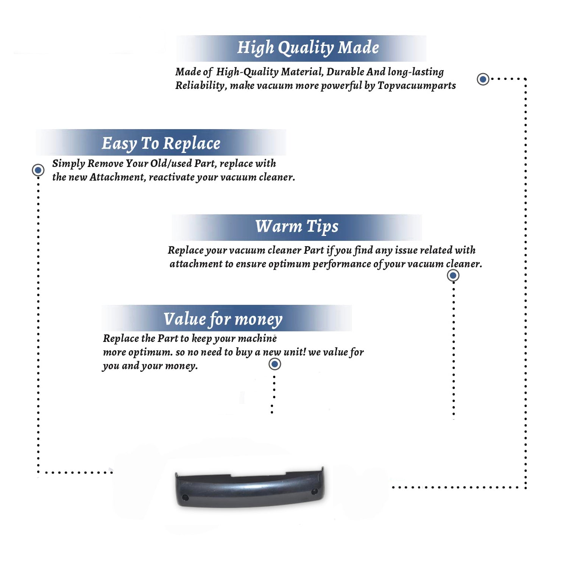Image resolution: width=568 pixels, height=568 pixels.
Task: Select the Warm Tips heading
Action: pyautogui.click(x=297, y=227)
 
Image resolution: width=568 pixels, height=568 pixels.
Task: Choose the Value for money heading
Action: pyautogui.click(x=223, y=319)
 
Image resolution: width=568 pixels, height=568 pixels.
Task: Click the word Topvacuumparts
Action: pyautogui.click(x=417, y=86)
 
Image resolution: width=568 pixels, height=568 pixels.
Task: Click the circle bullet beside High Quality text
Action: pyautogui.click(x=483, y=79)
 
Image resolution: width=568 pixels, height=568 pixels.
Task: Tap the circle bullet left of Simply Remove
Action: pyautogui.click(x=38, y=170)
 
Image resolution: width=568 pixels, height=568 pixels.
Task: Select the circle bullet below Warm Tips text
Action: pyautogui.click(x=453, y=275)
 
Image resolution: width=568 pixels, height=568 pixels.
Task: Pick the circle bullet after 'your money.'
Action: pyautogui.click(x=275, y=364)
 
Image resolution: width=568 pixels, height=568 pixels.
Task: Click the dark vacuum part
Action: pyautogui.click(x=250, y=487)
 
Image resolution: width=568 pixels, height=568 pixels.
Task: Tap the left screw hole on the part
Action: pyautogui.click(x=185, y=497)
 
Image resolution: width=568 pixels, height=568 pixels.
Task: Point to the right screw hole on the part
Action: pyautogui.click(x=314, y=492)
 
